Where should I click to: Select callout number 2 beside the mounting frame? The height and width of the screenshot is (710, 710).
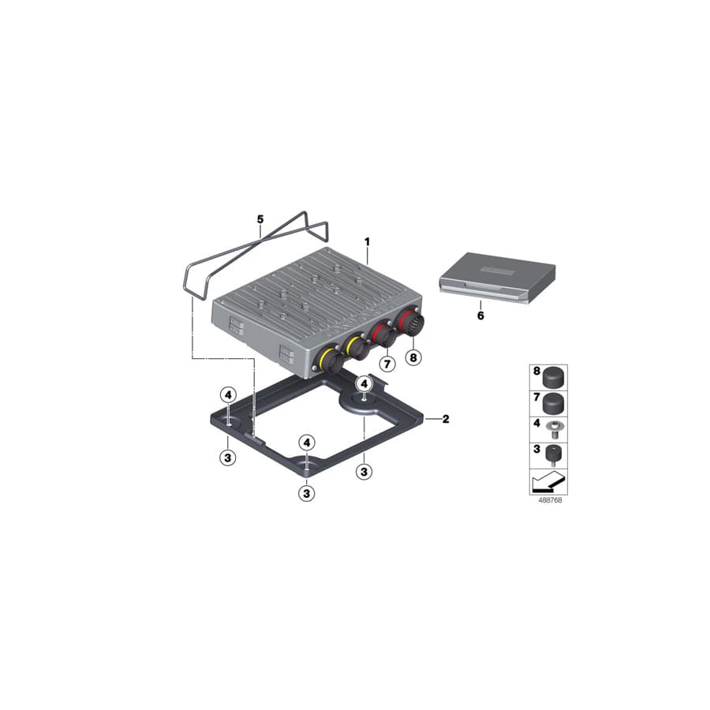pyautogui.click(x=445, y=419)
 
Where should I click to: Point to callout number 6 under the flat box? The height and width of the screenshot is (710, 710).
pyautogui.click(x=481, y=316)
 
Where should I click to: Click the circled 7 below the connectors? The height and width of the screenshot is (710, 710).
pyautogui.click(x=387, y=364)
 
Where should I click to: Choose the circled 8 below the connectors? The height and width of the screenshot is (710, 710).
pyautogui.click(x=413, y=357)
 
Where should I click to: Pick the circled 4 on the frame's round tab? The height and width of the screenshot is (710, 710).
pyautogui.click(x=364, y=383)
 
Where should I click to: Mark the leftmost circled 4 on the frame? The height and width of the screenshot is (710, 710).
pyautogui.click(x=226, y=394)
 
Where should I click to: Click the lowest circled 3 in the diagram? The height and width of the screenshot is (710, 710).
pyautogui.click(x=307, y=493)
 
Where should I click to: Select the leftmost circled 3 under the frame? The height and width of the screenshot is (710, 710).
pyautogui.click(x=226, y=457)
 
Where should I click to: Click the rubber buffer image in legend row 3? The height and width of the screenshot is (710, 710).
pyautogui.click(x=555, y=454)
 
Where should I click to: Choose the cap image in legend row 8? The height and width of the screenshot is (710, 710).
pyautogui.click(x=555, y=374)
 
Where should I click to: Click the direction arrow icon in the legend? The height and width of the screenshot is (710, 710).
pyautogui.click(x=548, y=481)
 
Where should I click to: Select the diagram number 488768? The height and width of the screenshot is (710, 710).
pyautogui.click(x=547, y=500)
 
